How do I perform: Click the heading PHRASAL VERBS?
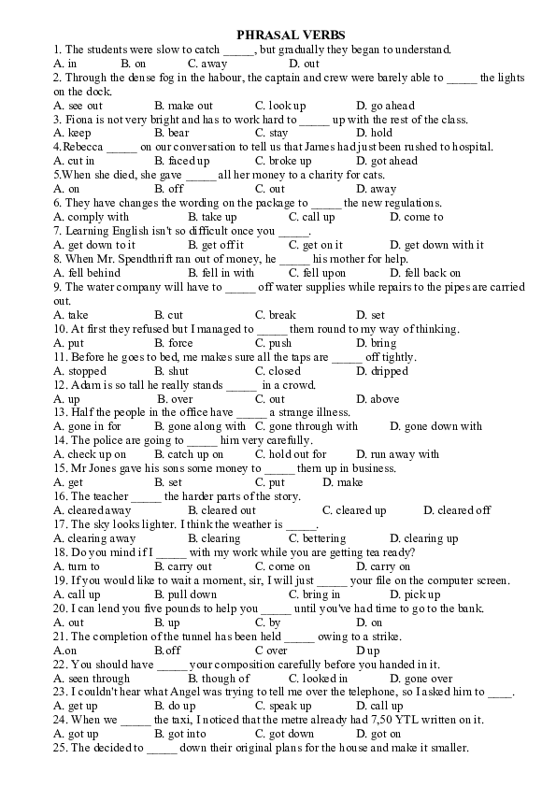click(x=278, y=33)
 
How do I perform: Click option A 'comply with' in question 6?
click(x=92, y=217)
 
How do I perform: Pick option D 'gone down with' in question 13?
click(x=435, y=426)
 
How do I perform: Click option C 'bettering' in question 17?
click(x=317, y=538)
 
